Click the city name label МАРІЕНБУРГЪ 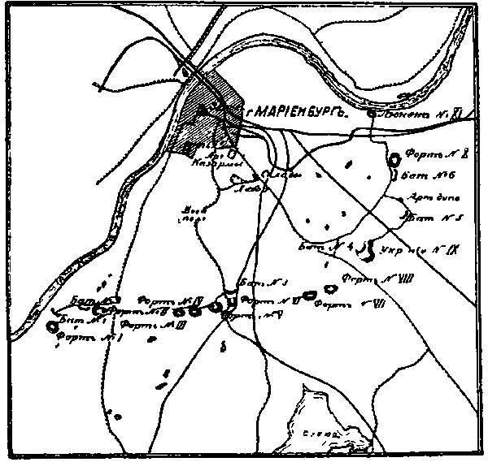pos(298,113)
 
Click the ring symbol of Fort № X pos(396,160)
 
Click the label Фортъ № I pos(89,339)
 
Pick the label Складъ pos(282,175)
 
